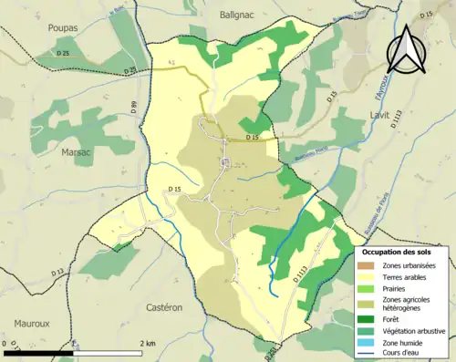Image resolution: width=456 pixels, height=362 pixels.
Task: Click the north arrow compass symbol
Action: tap(406, 50)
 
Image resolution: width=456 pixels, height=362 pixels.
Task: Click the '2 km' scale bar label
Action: tap(148, 343)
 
